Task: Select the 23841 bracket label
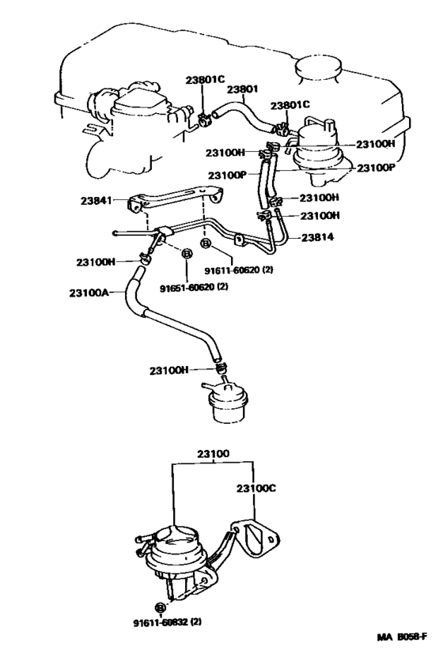tap(98, 202)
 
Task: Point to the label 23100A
tap(88, 293)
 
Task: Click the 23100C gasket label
tap(255, 489)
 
